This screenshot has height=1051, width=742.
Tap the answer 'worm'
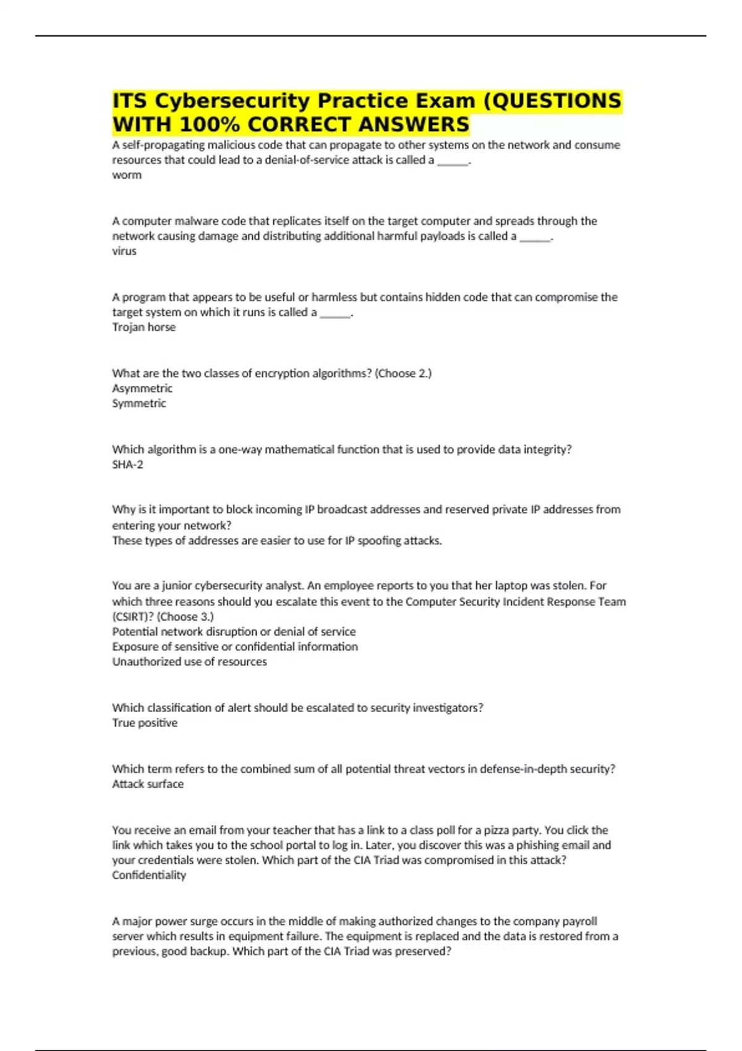click(127, 175)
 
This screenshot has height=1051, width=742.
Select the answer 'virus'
click(124, 251)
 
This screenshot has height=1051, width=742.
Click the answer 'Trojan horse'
click(143, 327)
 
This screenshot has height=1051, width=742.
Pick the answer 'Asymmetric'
click(142, 388)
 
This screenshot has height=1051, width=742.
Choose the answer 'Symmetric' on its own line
click(139, 403)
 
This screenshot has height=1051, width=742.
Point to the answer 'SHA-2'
click(127, 464)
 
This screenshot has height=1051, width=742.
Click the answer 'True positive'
click(145, 723)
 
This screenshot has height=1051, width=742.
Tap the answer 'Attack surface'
click(148, 784)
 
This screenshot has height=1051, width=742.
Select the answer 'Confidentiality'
click(149, 875)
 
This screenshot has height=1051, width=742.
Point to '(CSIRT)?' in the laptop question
click(133, 616)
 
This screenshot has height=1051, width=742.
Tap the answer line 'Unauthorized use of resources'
click(189, 662)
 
